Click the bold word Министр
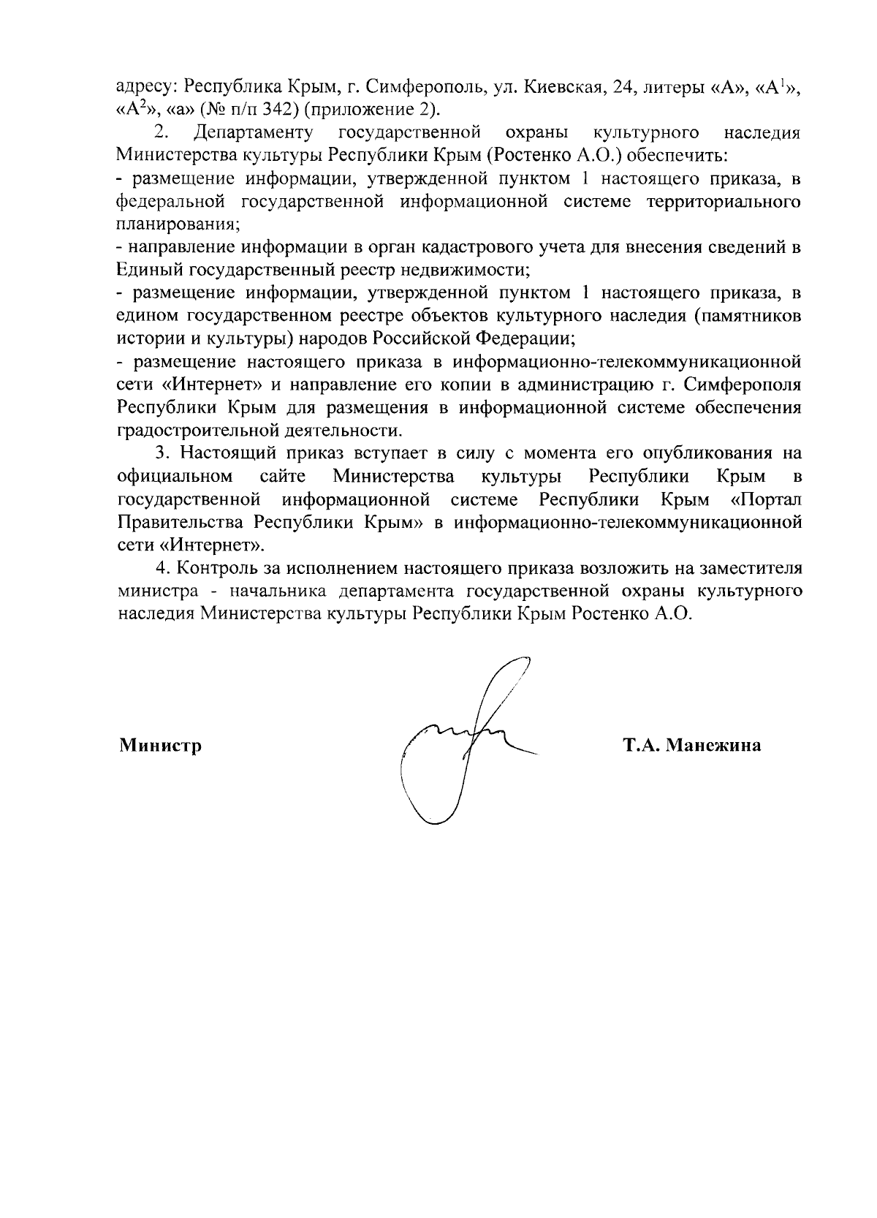(160, 746)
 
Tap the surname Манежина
(713, 746)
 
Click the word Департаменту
(255, 133)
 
